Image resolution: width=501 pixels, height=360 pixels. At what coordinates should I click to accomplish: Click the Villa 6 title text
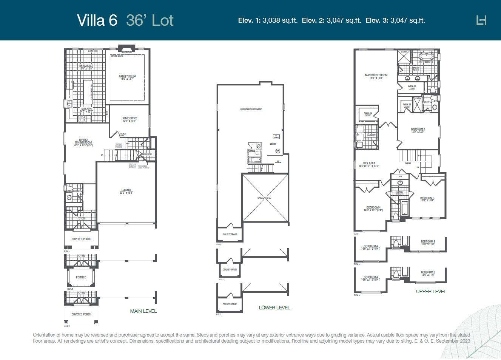(97, 20)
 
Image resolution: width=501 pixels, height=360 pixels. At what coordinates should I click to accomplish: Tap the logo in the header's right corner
(481, 20)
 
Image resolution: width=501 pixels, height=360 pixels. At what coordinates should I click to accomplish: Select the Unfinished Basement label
(250, 110)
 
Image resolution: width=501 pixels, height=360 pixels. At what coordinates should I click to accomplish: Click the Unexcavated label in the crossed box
(264, 198)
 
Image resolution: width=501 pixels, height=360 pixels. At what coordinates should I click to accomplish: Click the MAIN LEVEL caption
(143, 311)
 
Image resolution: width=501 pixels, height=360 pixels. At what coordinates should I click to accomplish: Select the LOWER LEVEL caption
(274, 308)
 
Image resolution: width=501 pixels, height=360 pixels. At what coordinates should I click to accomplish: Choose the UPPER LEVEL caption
(431, 292)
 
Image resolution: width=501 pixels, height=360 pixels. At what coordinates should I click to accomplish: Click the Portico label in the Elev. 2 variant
(81, 277)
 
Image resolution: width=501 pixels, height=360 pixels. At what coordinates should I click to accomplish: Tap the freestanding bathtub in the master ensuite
(427, 57)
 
